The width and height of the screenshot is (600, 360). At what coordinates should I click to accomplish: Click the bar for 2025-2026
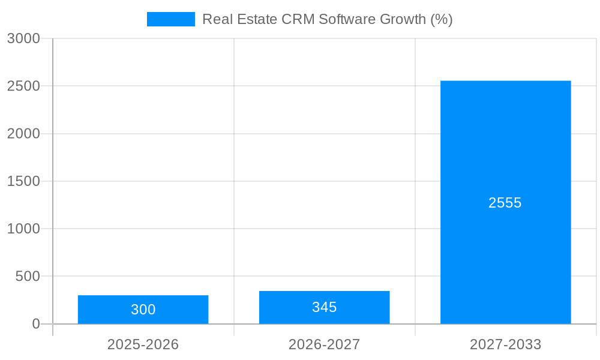[143, 310]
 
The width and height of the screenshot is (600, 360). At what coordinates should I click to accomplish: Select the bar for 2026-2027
[324, 307]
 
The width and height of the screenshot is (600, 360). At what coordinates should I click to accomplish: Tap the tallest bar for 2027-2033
[505, 202]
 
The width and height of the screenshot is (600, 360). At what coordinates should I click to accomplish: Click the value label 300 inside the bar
[143, 310]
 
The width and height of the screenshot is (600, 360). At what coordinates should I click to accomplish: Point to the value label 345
[324, 307]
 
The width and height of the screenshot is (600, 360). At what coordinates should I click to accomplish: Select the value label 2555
[505, 203]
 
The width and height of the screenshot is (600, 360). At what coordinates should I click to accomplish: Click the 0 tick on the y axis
[35, 324]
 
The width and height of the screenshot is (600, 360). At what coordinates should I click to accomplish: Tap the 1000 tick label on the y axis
[23, 229]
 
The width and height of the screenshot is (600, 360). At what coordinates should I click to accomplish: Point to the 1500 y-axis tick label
[23, 181]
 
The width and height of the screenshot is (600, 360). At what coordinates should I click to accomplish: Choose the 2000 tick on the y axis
[23, 134]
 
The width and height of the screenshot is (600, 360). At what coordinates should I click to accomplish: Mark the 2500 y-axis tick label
[23, 86]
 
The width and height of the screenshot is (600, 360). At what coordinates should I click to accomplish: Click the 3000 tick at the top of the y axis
[23, 38]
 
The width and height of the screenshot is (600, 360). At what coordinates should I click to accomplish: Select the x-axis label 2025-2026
[143, 344]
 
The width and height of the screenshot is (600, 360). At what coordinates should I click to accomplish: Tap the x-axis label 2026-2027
[324, 344]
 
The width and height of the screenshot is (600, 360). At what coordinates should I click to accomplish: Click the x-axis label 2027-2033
[505, 344]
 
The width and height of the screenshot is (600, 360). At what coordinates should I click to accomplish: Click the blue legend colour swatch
[171, 19]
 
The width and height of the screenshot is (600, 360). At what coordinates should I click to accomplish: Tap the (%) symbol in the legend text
[442, 19]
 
